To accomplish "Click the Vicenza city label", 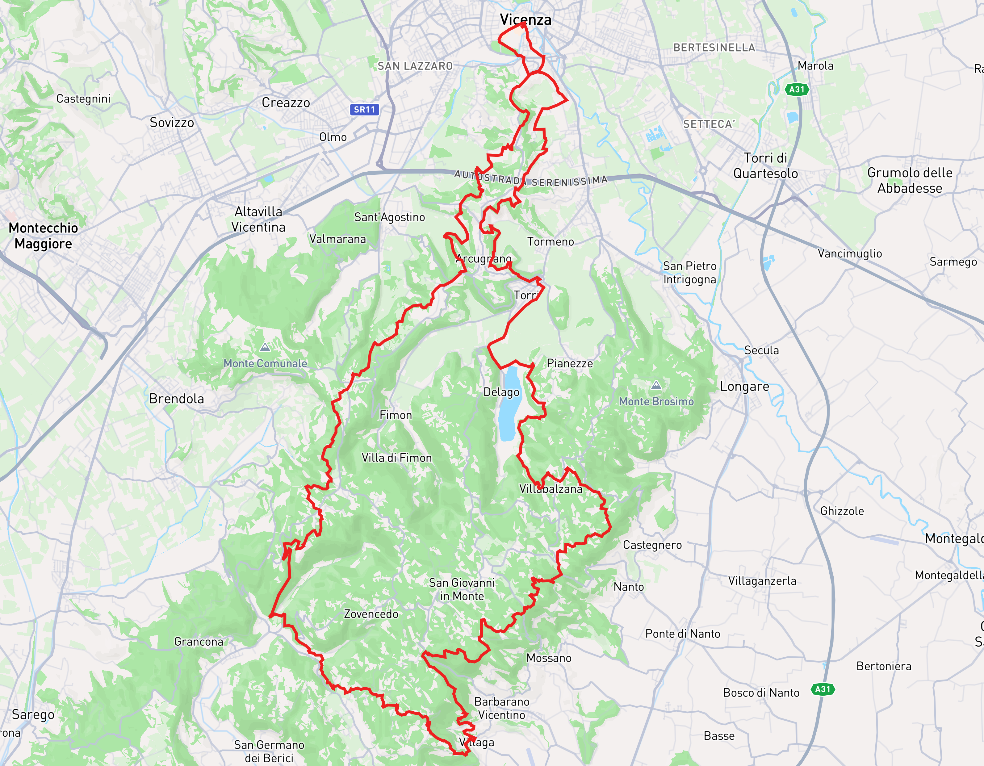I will coord(525,19).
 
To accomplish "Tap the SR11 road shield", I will coord(364,110).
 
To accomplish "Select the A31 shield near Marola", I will coord(797,89).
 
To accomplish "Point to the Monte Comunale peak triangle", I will coord(265,347).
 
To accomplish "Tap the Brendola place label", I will coord(176,399).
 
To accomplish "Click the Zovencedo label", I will coord(371,614).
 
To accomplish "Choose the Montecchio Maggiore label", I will coord(43,236).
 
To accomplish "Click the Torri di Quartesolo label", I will coord(765,166).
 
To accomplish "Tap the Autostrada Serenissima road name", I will coord(531,179).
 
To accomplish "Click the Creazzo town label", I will coord(286,103).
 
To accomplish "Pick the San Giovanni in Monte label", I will coord(462,589).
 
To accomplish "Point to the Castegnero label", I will coord(652,545).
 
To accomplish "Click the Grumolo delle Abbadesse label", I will coord(909,180).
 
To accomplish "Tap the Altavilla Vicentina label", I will coord(258,220).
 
